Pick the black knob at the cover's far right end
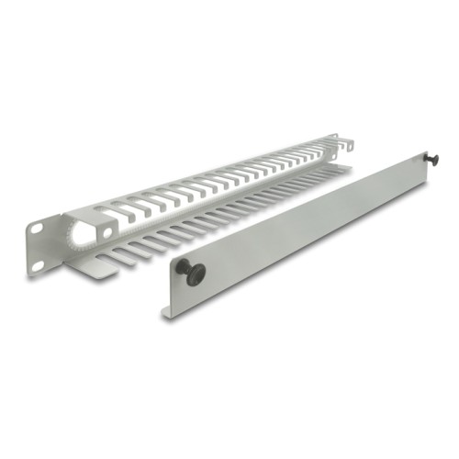point(431,160)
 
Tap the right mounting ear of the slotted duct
point(346,144)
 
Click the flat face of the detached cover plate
point(303,225)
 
